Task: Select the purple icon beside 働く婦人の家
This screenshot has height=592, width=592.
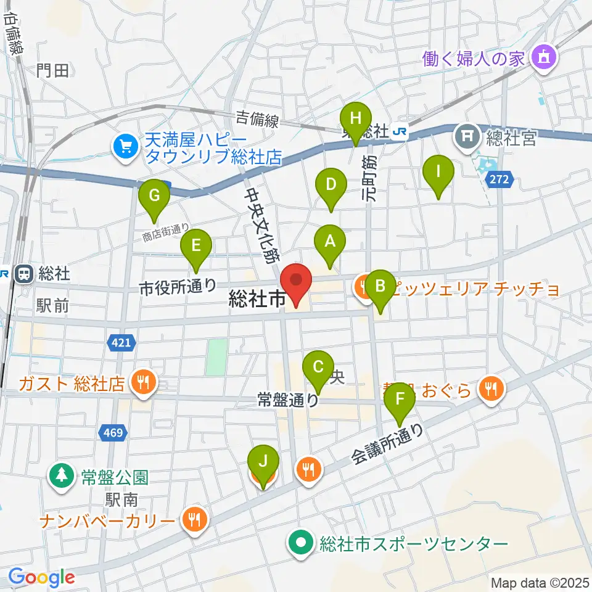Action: click(x=545, y=59)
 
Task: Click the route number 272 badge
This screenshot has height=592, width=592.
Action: click(x=500, y=180)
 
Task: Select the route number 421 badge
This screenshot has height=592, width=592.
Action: click(x=121, y=342)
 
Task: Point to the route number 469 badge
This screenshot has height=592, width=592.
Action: click(x=113, y=433)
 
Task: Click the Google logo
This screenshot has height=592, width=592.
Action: click(x=41, y=577)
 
